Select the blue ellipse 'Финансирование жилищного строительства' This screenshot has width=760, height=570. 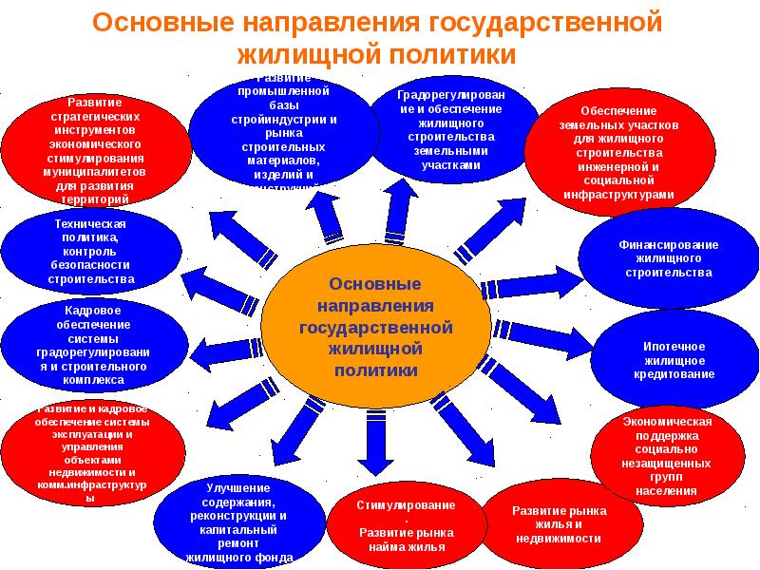pyautogui.click(x=669, y=257)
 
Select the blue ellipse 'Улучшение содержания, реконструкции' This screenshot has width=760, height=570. pyautogui.click(x=238, y=522)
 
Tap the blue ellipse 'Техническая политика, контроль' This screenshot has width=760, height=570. pyautogui.click(x=90, y=250)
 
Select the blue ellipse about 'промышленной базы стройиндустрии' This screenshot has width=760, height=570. pyautogui.click(x=284, y=132)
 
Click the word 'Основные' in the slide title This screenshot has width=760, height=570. pyautogui.click(x=180, y=21)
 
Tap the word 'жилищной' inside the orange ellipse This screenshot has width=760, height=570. pyautogui.click(x=375, y=349)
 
